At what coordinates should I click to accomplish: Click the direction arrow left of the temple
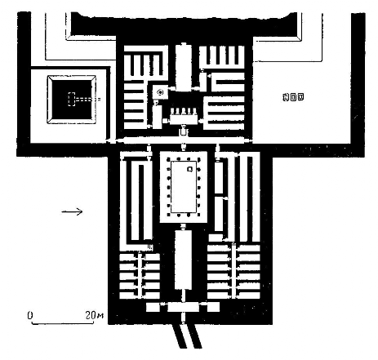(x=72, y=211)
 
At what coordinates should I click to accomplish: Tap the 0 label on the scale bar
(x=30, y=315)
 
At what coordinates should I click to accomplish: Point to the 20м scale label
(x=95, y=315)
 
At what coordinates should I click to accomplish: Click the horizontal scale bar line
(x=63, y=323)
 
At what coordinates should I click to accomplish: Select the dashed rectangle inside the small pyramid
(x=71, y=100)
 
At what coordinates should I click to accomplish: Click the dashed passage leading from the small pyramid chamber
(x=87, y=100)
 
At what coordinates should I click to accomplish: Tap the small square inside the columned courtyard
(x=190, y=169)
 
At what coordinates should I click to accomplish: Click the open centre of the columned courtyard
(x=184, y=187)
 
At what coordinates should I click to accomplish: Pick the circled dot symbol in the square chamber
(x=160, y=92)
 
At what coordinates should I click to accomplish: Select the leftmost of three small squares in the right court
(x=286, y=97)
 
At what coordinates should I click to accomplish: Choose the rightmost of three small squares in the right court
(x=300, y=97)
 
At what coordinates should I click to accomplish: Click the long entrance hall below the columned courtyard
(x=183, y=260)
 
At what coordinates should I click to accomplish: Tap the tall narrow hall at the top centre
(x=184, y=67)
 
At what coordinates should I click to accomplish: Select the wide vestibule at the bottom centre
(x=183, y=307)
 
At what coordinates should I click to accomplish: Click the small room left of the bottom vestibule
(x=153, y=307)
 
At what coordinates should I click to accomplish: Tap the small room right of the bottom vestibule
(x=213, y=307)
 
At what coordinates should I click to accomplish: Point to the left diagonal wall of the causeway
(x=179, y=336)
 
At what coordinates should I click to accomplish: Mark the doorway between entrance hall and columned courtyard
(x=183, y=227)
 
